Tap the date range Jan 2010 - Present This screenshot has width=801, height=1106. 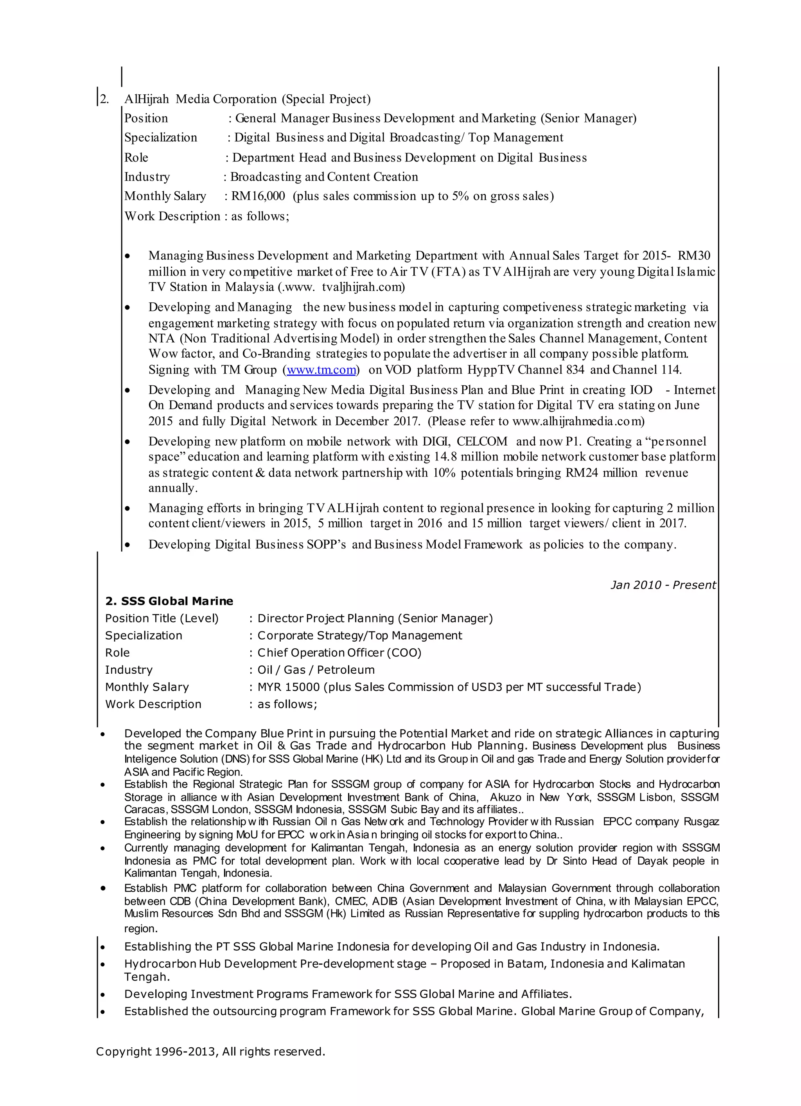pyautogui.click(x=663, y=585)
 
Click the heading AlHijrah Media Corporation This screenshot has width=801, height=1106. pyautogui.click(x=247, y=99)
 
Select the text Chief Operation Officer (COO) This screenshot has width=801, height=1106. pyautogui.click(x=339, y=653)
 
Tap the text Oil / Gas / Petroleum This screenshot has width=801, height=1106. pyautogui.click(x=316, y=669)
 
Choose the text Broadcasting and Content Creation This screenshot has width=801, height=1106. pyautogui.click(x=324, y=176)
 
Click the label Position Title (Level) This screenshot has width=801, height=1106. pyautogui.click(x=162, y=619)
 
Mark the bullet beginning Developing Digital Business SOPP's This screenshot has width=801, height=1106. pyautogui.click(x=412, y=544)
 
